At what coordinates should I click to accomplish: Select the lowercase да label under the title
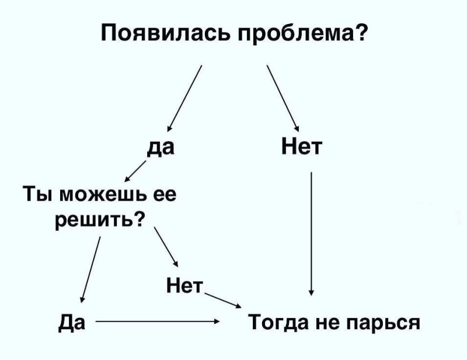160,146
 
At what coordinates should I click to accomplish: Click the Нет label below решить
183,285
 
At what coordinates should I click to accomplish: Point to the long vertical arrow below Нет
312,233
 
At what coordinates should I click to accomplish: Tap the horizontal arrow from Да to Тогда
158,321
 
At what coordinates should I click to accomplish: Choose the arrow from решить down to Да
90,268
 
